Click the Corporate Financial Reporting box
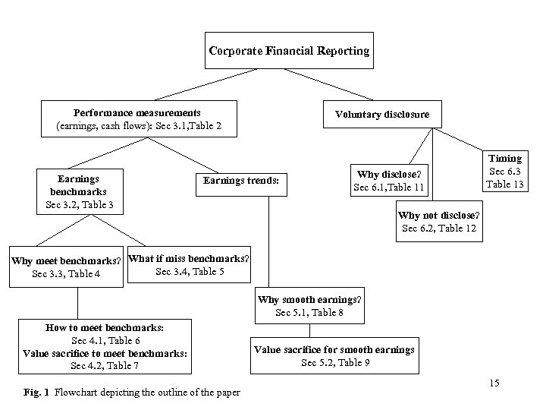(x=289, y=52)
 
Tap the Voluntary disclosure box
(x=381, y=115)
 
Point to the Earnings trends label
(x=240, y=181)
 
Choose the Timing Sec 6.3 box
(x=504, y=171)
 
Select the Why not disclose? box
(x=438, y=221)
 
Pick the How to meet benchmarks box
(x=105, y=346)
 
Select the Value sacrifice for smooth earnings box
(x=334, y=355)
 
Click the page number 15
(x=494, y=383)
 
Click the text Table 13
(x=505, y=184)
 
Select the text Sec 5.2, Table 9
(x=334, y=362)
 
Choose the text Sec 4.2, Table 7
(x=105, y=366)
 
